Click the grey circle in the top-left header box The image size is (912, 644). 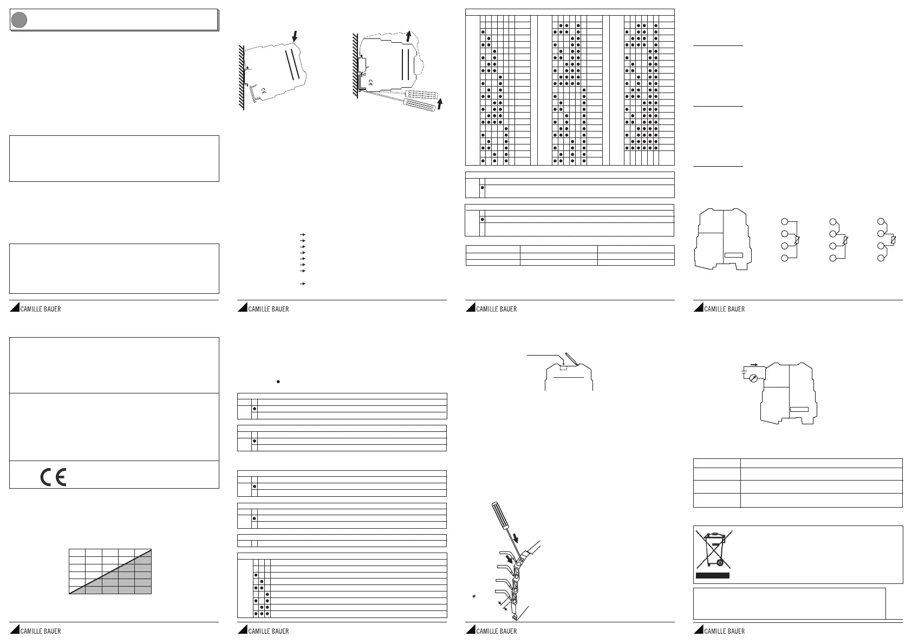click(x=19, y=20)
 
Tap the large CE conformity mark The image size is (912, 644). click(x=53, y=477)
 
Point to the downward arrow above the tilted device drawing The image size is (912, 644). click(x=294, y=36)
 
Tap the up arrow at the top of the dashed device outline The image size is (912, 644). click(x=409, y=36)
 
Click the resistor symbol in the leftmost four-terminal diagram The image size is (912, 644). click(x=798, y=240)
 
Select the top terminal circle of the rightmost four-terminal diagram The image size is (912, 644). click(x=882, y=222)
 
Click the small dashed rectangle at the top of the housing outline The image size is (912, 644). click(x=563, y=367)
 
